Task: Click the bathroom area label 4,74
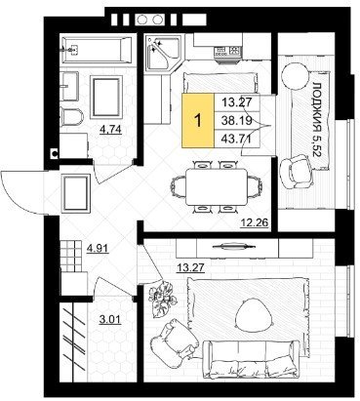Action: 111,130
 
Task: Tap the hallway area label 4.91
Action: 98,249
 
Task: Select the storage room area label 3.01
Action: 110,319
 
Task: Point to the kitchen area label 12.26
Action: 255,223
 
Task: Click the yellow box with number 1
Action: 198,120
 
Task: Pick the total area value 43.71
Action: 236,140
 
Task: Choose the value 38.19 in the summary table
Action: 236,121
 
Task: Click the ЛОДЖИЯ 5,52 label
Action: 318,119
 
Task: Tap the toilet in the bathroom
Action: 72,117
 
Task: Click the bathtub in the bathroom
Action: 97,50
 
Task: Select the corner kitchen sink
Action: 163,54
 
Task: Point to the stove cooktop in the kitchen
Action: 227,51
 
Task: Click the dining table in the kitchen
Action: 217,187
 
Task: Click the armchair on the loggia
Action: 297,171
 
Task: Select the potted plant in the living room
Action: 162,300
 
